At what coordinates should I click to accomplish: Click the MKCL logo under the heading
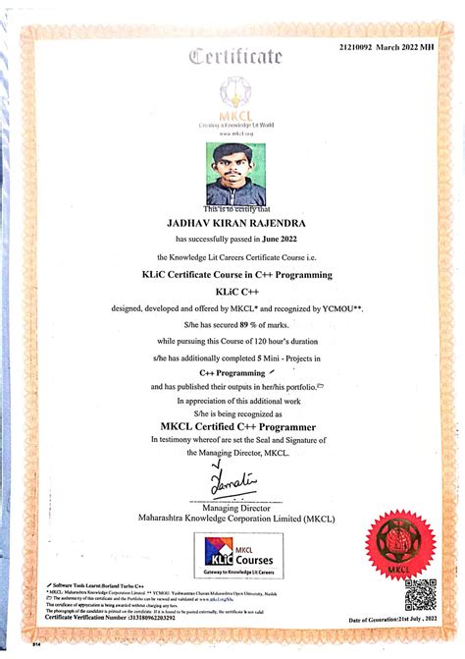(x=235, y=99)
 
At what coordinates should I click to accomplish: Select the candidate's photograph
(x=235, y=174)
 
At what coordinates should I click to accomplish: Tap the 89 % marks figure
(x=248, y=323)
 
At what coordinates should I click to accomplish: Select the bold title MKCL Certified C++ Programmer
(x=232, y=425)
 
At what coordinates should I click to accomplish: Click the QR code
(x=420, y=595)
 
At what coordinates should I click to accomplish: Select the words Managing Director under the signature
(x=233, y=507)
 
